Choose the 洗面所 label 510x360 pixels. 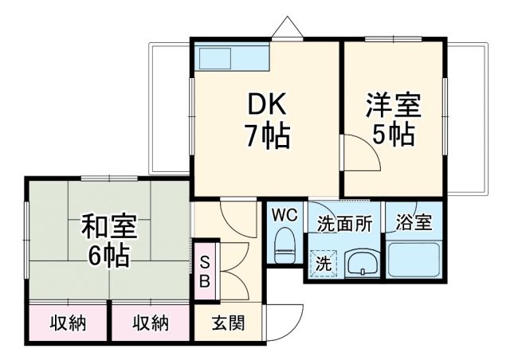(343, 224)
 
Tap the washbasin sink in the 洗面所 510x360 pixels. (363, 261)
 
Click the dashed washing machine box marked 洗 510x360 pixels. (324, 264)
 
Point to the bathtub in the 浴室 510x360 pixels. (413, 259)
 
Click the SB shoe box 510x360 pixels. (204, 272)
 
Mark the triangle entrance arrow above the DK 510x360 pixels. (286, 28)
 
